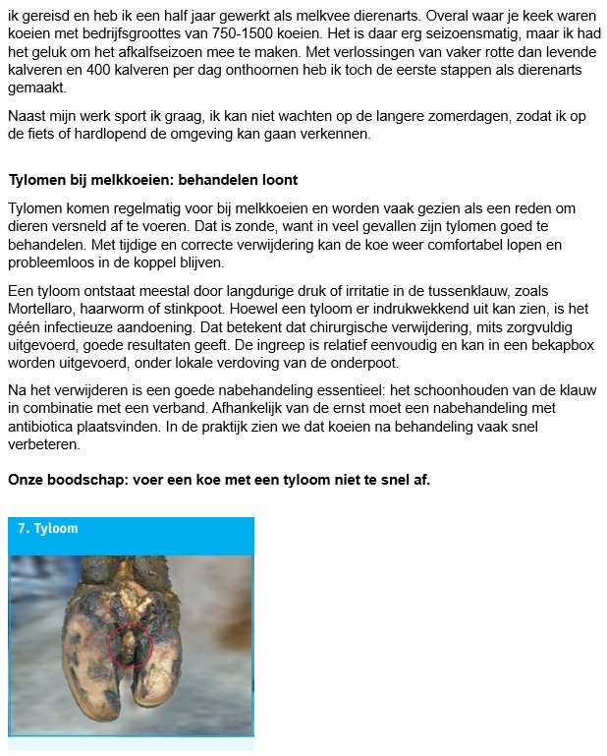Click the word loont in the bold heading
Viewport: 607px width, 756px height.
point(278,180)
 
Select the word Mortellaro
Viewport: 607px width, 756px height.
point(46,308)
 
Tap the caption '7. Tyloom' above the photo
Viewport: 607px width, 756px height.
point(48,529)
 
